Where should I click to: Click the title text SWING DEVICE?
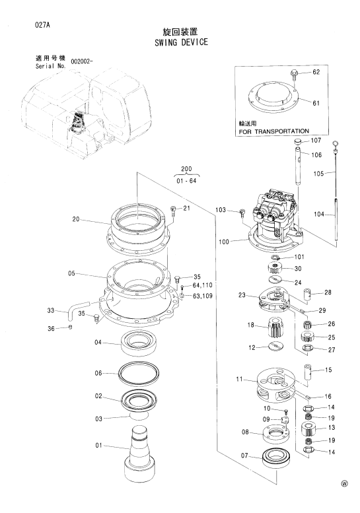181,42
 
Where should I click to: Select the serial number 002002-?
80,62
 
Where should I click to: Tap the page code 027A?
42,25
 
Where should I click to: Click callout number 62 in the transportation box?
316,72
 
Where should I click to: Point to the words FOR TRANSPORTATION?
274,131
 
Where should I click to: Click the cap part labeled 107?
298,141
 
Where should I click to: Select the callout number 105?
319,174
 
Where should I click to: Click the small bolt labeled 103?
242,213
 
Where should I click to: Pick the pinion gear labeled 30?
274,269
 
